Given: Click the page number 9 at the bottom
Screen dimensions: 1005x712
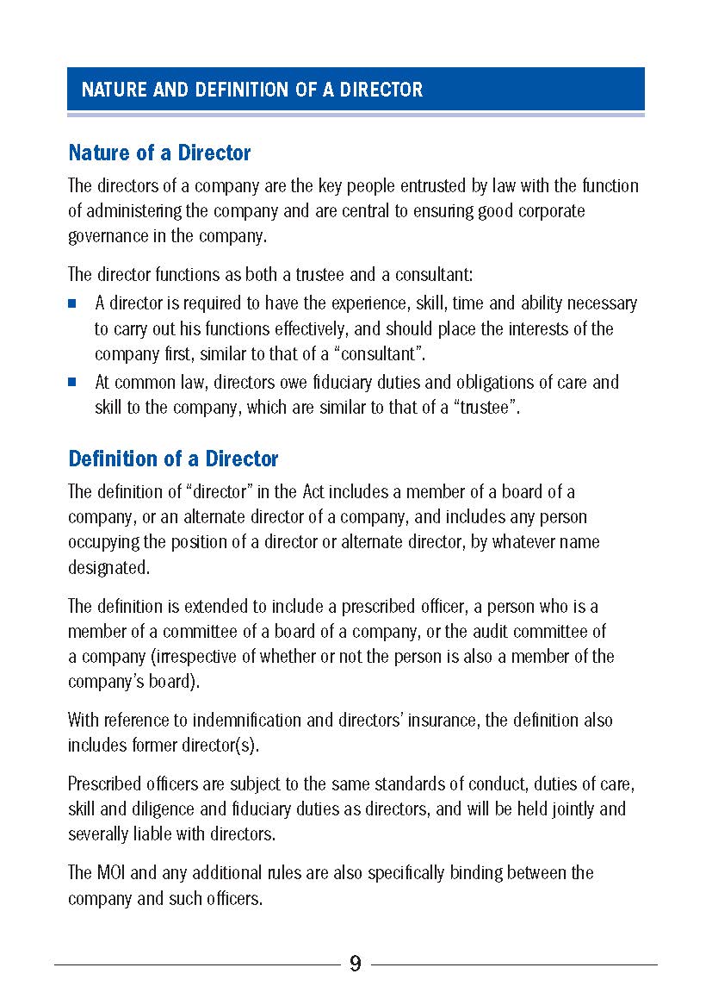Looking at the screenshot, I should coord(355,964).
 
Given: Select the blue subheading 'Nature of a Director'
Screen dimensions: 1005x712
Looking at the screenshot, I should coord(159,153).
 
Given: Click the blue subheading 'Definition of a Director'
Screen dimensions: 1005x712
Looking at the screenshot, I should coord(173,459).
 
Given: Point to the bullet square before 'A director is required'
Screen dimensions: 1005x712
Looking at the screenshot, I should coord(73,303).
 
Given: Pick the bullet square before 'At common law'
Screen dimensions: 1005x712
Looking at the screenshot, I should coord(73,382).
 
